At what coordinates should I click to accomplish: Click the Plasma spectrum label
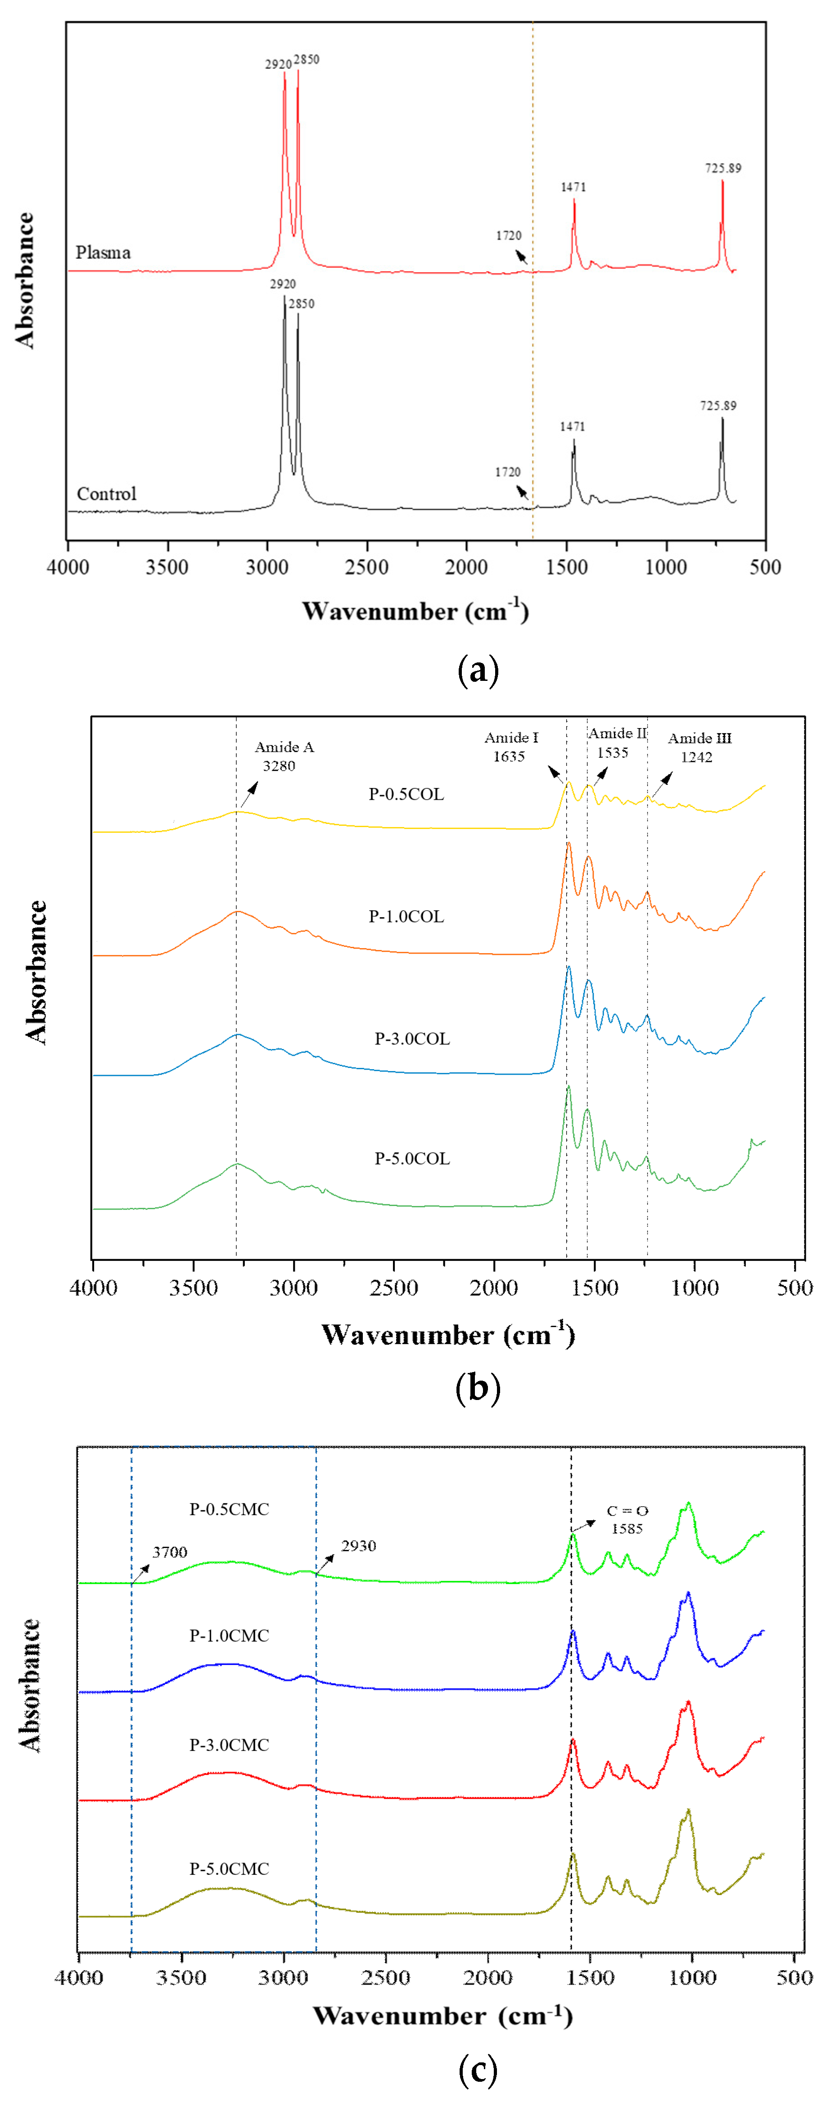point(103,252)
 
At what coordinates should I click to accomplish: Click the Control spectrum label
point(106,494)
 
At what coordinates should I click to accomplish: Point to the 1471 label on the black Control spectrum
point(572,426)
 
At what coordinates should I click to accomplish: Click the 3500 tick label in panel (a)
point(167,567)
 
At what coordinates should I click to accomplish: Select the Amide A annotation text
point(284,747)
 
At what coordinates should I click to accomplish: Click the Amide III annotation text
point(700,738)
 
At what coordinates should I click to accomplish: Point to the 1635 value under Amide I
point(509,756)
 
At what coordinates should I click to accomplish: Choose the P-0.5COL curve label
point(406,794)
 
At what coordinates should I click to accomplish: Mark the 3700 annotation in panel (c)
point(170,1552)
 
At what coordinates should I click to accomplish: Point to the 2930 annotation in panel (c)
point(358,1545)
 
